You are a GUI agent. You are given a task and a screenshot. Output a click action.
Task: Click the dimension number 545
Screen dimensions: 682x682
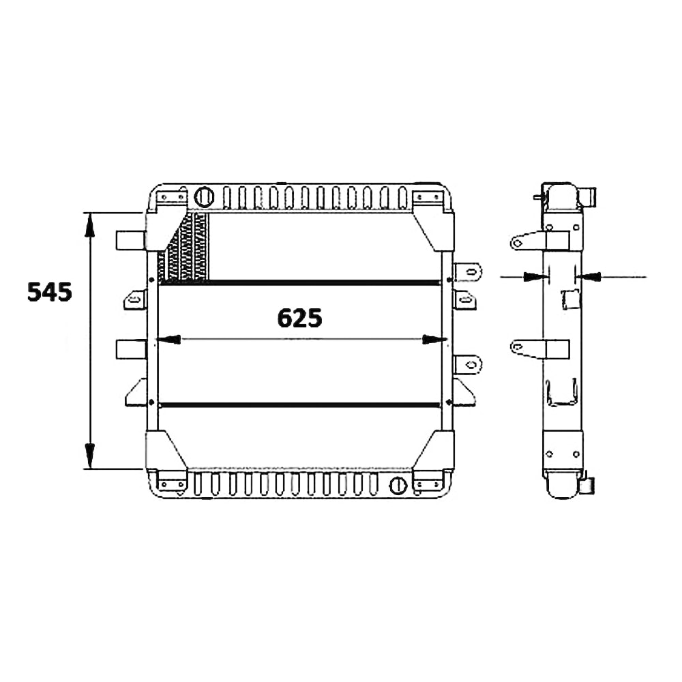pyautogui.click(x=49, y=292)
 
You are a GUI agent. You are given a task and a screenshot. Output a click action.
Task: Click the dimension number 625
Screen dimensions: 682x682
pyautogui.click(x=299, y=318)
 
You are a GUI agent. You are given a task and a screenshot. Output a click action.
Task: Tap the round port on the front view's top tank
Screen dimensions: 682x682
pyautogui.click(x=203, y=196)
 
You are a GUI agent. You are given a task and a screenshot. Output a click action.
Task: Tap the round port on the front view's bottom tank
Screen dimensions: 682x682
pyautogui.click(x=397, y=485)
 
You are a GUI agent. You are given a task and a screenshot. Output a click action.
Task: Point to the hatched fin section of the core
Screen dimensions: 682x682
pyautogui.click(x=183, y=249)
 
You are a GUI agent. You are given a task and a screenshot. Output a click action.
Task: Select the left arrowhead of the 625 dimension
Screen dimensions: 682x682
pyautogui.click(x=168, y=339)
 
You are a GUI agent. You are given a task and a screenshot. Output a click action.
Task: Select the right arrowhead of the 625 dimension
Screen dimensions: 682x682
pyautogui.click(x=433, y=339)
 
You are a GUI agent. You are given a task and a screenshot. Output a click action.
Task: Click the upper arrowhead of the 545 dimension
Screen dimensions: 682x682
pyautogui.click(x=89, y=225)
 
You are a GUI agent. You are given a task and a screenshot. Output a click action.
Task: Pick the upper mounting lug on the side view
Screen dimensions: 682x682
pyautogui.click(x=524, y=241)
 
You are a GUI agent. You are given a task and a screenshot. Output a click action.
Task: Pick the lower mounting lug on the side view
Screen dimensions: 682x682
pyautogui.click(x=524, y=349)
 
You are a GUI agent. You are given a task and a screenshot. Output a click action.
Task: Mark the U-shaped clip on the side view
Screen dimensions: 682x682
pyautogui.click(x=562, y=394)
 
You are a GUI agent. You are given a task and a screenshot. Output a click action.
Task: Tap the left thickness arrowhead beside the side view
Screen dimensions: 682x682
pyautogui.click(x=534, y=276)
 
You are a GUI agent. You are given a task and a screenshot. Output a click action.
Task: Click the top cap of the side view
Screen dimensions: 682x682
pyautogui.click(x=561, y=196)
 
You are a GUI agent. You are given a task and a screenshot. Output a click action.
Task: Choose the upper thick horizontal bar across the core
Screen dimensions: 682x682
pyautogui.click(x=300, y=282)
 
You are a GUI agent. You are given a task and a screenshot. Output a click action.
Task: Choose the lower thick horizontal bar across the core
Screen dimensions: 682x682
pyautogui.click(x=300, y=404)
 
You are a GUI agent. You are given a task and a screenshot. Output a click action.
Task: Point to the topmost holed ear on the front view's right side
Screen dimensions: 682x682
pyautogui.click(x=469, y=271)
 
